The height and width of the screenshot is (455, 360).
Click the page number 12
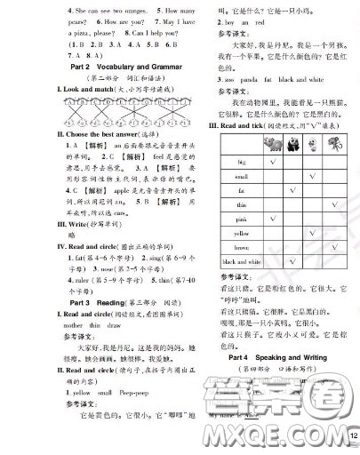click(x=352, y=436)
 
